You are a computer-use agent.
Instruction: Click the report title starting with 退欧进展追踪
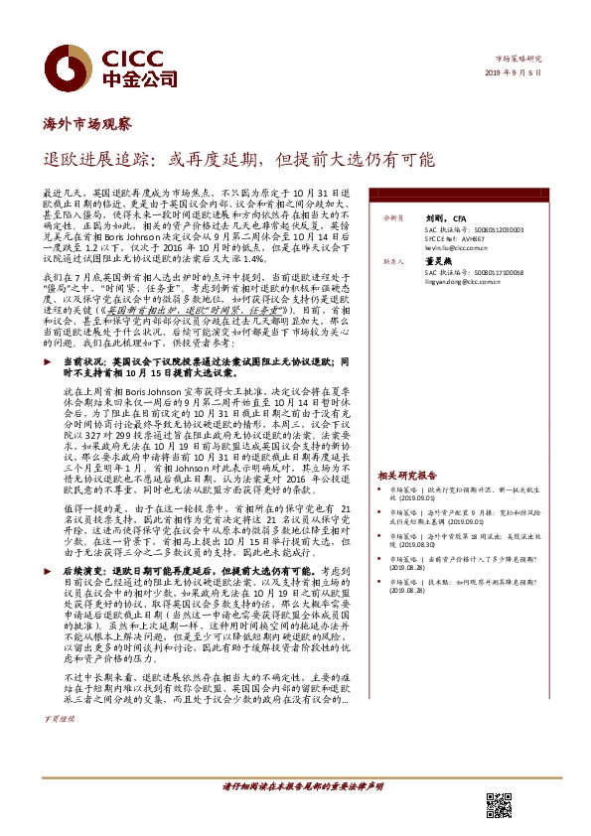pos(238,159)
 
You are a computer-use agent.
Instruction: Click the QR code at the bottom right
pos(498,805)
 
